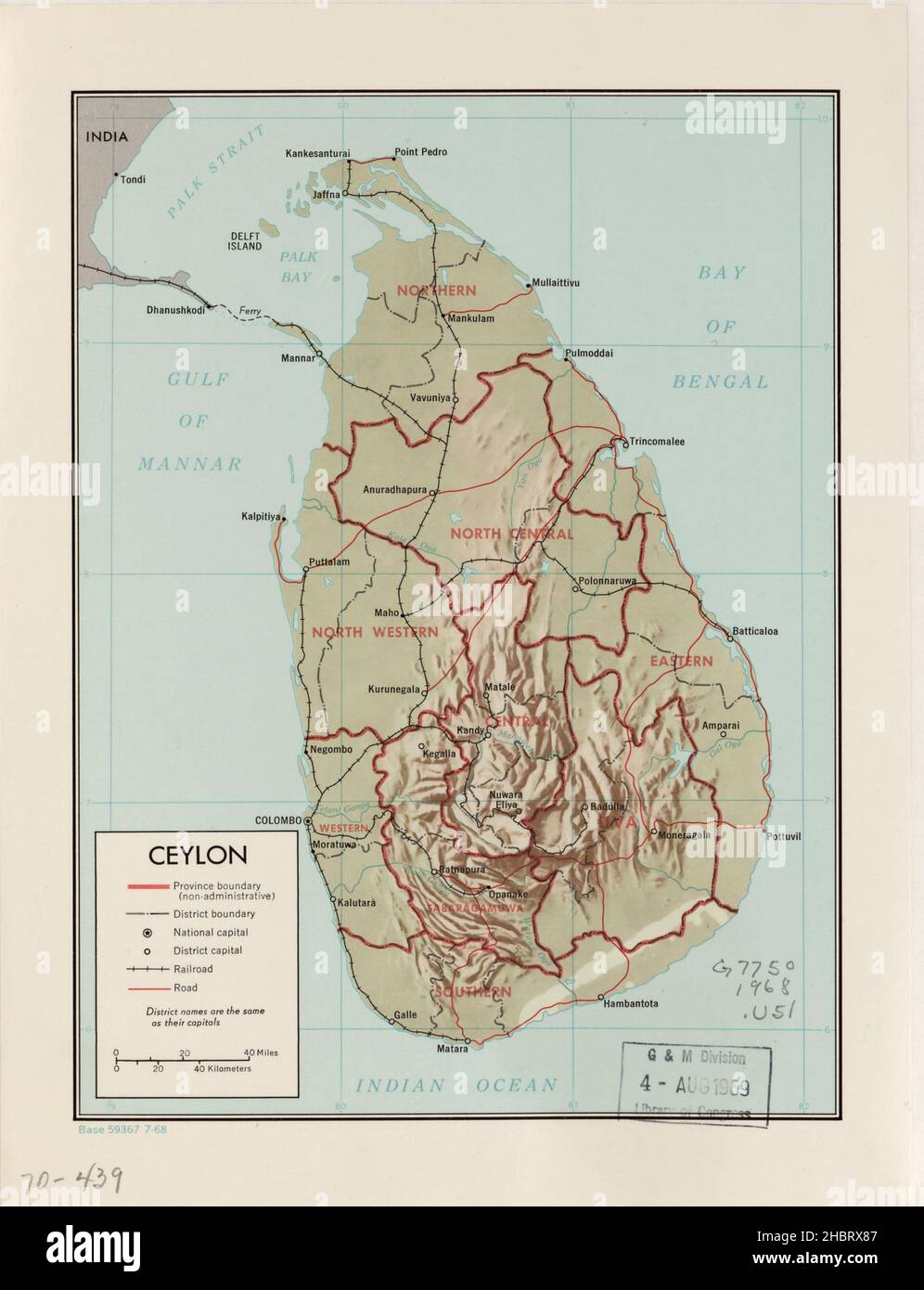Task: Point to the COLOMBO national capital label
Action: (x=277, y=821)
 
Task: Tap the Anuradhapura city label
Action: (x=394, y=489)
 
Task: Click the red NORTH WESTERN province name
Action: (x=375, y=632)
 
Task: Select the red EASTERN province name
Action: (x=681, y=662)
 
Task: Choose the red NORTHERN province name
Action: (x=436, y=290)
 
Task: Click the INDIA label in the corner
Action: (x=106, y=136)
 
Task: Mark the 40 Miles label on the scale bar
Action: (x=261, y=1053)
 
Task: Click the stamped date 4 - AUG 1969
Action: (x=694, y=1084)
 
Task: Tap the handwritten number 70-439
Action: (x=67, y=1180)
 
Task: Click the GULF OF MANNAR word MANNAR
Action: (x=189, y=463)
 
